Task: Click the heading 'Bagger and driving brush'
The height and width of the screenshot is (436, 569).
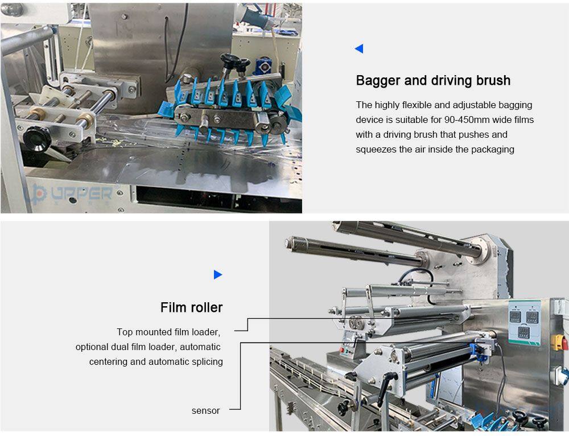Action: (x=433, y=80)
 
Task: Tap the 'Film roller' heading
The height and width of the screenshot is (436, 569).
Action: (x=191, y=307)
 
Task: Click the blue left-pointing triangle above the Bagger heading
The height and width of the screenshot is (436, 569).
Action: (x=359, y=48)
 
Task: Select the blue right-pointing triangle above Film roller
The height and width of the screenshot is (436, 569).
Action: (x=218, y=274)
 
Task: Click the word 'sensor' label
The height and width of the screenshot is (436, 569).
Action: (x=206, y=410)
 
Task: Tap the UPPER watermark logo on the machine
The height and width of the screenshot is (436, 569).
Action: (x=69, y=194)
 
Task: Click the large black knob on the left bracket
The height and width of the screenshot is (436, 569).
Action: (x=37, y=139)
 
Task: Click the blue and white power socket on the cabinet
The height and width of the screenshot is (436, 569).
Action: (x=560, y=376)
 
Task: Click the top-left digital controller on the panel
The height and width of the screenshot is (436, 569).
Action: (x=515, y=316)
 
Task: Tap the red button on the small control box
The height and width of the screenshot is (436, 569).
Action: (x=341, y=350)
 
